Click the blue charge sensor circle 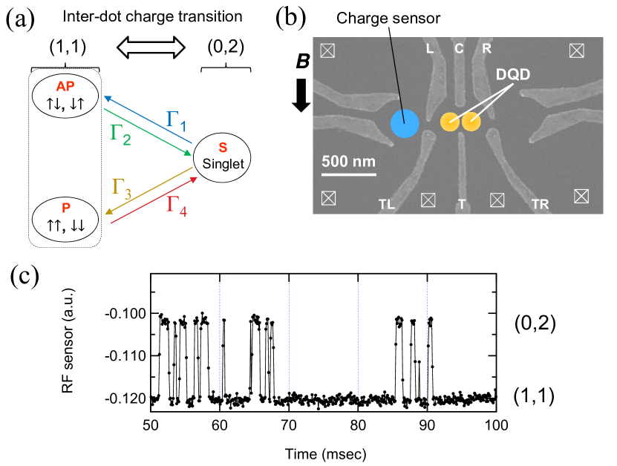(x=405, y=121)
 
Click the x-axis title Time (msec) (x=324, y=451)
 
